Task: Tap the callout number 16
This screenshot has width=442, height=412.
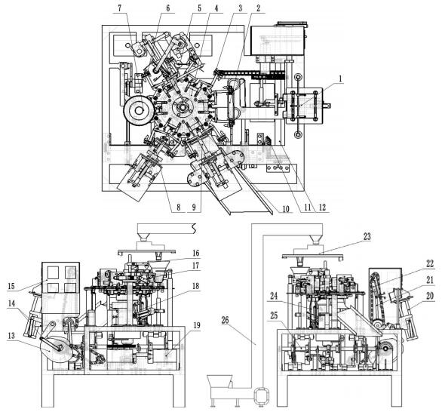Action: [173, 254]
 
